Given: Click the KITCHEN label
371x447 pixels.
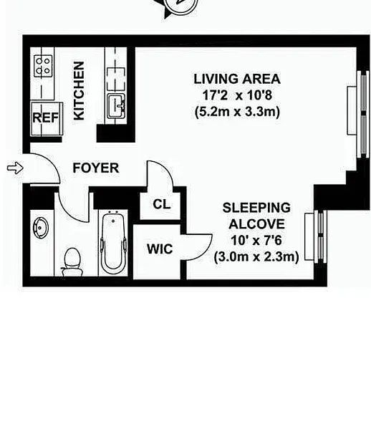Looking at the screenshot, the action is pyautogui.click(x=79, y=91).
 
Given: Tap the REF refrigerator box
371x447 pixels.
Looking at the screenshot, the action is pyautogui.click(x=46, y=118).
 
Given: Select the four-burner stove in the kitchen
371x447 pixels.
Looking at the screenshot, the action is pyautogui.click(x=43, y=66).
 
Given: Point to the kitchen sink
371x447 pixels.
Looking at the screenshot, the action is pyautogui.click(x=116, y=106).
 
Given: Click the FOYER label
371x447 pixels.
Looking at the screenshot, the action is pyautogui.click(x=96, y=168).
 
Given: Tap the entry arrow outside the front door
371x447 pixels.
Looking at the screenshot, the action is pyautogui.click(x=15, y=168).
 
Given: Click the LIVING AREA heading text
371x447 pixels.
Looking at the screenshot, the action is pyautogui.click(x=237, y=79).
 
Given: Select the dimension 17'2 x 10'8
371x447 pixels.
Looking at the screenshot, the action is pyautogui.click(x=237, y=95).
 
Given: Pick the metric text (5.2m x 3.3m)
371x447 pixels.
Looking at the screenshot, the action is pyautogui.click(x=237, y=112).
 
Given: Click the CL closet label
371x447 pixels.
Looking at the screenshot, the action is pyautogui.click(x=162, y=204).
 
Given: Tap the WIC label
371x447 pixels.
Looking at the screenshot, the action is pyautogui.click(x=160, y=249).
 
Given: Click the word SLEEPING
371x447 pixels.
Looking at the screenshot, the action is pyautogui.click(x=256, y=208).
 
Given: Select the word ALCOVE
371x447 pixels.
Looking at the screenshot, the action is pyautogui.click(x=256, y=223).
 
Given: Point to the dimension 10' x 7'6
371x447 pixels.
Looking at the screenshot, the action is pyautogui.click(x=256, y=240).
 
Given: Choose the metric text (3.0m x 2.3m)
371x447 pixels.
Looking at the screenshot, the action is pyautogui.click(x=256, y=257).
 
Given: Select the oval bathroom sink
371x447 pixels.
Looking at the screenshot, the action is pyautogui.click(x=40, y=228).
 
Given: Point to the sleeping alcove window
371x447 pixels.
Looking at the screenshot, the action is pyautogui.click(x=315, y=236).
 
